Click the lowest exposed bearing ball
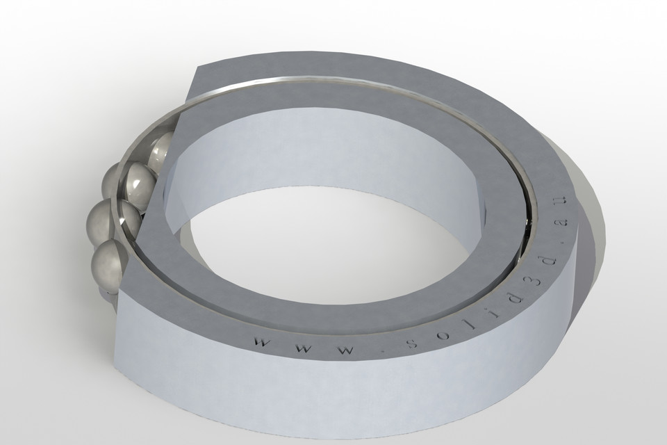coord(108,263)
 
